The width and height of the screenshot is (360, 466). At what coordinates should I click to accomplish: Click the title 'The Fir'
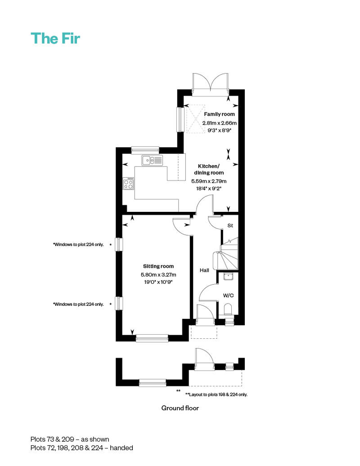tap(55, 38)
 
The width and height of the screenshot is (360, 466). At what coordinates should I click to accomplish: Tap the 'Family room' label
tap(220, 114)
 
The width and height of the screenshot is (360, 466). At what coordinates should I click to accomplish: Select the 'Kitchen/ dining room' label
tap(209, 170)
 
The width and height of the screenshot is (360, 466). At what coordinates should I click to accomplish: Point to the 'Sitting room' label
tap(158, 266)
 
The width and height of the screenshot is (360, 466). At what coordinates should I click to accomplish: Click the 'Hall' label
tap(204, 270)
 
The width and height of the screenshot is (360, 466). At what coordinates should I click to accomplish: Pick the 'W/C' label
tap(228, 296)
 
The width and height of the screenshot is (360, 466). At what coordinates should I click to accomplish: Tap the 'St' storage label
tap(230, 225)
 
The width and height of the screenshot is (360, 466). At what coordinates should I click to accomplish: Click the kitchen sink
tap(152, 160)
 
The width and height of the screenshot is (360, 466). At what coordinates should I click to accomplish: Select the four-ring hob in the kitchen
tap(128, 184)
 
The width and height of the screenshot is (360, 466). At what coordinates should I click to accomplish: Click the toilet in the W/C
tap(228, 309)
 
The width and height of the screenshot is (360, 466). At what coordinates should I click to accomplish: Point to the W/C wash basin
tap(228, 276)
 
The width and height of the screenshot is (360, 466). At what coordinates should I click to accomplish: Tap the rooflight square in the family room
tap(195, 119)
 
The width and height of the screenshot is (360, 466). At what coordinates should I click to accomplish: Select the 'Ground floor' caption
tap(180, 408)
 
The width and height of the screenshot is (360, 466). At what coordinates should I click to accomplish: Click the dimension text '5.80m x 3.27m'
tap(158, 274)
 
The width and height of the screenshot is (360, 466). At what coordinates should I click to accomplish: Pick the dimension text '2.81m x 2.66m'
tap(220, 123)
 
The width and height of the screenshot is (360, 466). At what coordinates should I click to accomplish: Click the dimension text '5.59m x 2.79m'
tap(209, 181)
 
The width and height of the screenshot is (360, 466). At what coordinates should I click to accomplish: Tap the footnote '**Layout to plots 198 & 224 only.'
tap(216, 394)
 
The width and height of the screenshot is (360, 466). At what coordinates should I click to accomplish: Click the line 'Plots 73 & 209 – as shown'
tap(70, 439)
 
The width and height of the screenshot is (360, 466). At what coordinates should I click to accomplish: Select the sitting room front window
tap(152, 338)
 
